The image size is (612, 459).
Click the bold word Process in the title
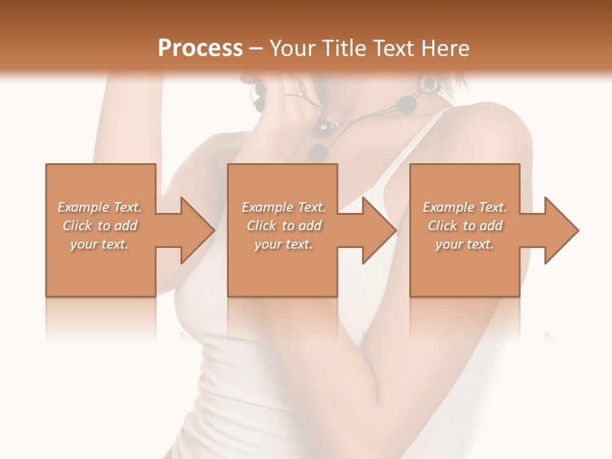200,48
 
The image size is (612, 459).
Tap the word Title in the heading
343,48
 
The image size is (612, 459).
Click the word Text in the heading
393,48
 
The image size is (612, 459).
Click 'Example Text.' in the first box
100,207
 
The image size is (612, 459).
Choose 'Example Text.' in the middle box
284,207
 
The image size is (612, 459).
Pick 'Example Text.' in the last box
465,207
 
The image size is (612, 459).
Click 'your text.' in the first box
99,244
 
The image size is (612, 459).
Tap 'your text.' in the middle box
283,244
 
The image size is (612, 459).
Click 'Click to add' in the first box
100,226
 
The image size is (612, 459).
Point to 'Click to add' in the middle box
284,226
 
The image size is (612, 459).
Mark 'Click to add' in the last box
465,226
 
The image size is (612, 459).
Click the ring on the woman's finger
293,96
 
